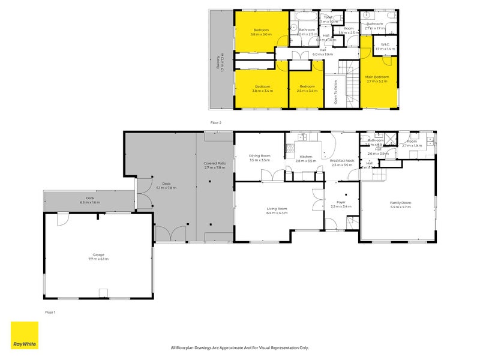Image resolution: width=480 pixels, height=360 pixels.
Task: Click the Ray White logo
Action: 25,335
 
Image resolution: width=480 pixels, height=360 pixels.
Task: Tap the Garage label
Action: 98,254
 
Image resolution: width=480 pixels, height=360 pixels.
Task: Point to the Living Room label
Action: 277,208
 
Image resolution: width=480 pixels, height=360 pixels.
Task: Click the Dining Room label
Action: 260,156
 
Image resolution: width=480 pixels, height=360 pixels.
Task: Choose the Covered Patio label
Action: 214,163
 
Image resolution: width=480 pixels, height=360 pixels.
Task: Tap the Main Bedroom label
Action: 377,77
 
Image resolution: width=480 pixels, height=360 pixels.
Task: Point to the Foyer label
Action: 341,202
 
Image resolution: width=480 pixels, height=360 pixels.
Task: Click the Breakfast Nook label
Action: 342,161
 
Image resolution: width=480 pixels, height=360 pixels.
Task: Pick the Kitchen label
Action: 306,157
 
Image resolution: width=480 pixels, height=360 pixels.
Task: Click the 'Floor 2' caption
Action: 216,122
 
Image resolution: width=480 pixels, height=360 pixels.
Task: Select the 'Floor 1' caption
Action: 50,313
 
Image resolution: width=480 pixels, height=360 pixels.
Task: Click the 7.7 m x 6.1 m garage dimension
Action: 98,259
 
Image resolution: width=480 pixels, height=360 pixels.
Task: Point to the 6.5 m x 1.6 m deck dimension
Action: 90,202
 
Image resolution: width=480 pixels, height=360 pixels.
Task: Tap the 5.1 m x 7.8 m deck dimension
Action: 166,188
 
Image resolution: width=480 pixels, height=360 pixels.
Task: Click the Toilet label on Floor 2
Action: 328,17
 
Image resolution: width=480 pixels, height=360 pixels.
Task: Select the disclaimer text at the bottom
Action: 239,347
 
